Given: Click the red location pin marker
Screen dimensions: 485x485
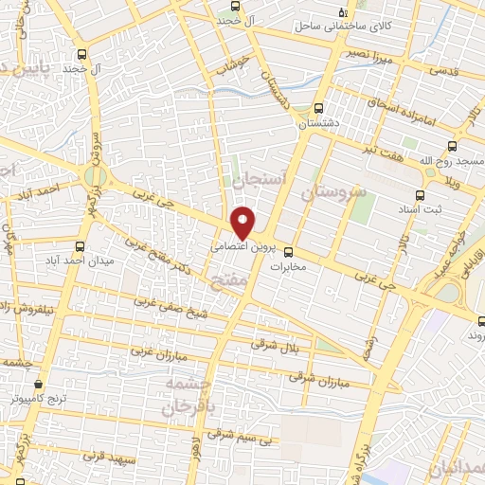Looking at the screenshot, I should [x=243, y=222].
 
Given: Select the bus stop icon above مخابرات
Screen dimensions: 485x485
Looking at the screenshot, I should [x=289, y=253].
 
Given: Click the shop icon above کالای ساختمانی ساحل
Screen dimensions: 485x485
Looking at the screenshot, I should [x=343, y=13].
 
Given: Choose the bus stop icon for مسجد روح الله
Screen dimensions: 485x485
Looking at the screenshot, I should [x=454, y=147].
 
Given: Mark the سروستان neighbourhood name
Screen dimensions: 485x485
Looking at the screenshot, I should [x=332, y=190].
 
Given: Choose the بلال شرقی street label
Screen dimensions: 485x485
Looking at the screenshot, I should [x=275, y=346].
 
